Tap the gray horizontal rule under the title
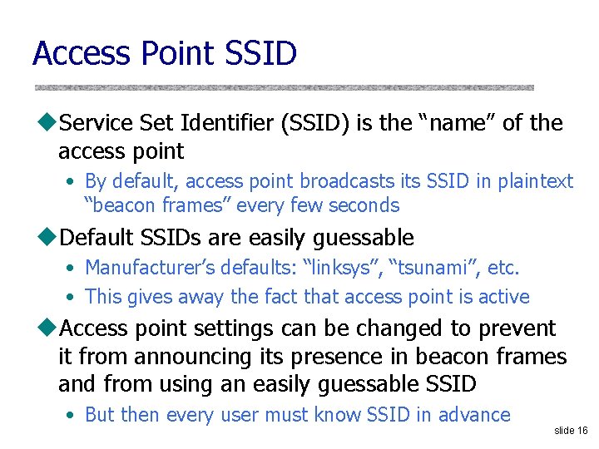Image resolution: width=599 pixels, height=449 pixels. [284, 87]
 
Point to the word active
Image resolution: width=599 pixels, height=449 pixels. [504, 297]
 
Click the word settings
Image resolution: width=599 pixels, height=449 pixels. [235, 329]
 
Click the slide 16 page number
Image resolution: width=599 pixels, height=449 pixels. [571, 431]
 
